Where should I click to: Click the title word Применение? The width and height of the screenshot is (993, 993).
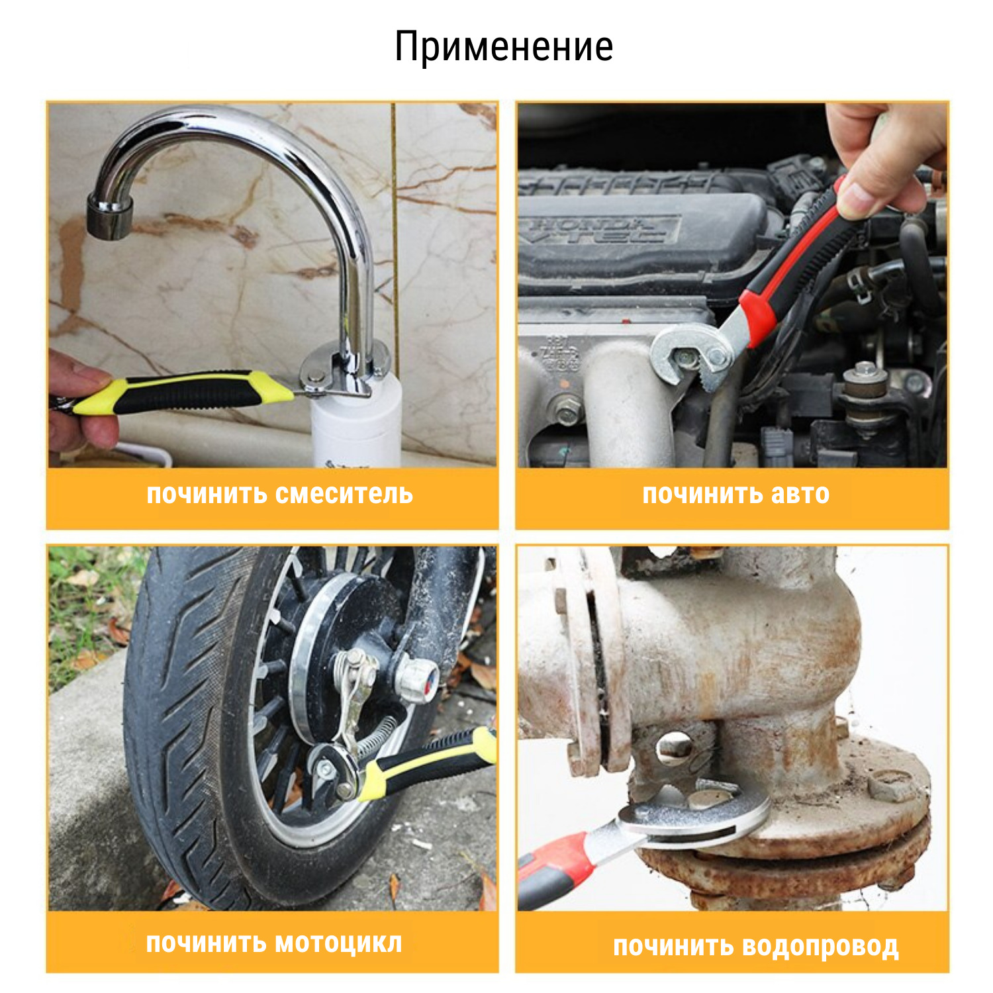click(x=504, y=47)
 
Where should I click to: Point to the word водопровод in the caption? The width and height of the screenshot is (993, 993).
click(x=820, y=947)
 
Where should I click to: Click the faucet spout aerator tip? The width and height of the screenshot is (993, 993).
click(x=109, y=216)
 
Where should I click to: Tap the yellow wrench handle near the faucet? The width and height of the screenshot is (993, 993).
click(x=182, y=392)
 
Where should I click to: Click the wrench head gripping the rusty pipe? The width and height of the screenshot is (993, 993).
click(x=695, y=814)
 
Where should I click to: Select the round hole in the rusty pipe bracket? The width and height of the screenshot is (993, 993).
click(x=675, y=747)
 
